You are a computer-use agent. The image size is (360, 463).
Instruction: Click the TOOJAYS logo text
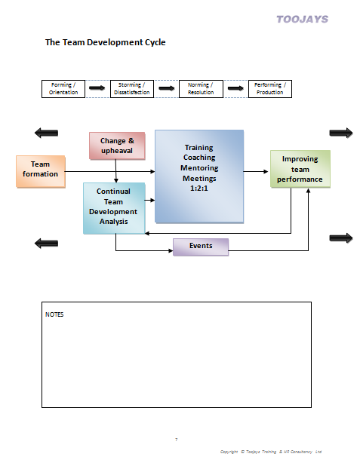[x=302, y=19]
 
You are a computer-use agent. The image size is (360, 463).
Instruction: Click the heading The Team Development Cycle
[x=105, y=43]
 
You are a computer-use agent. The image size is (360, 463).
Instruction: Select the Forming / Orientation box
[x=63, y=89]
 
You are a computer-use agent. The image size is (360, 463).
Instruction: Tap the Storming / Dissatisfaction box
[x=131, y=89]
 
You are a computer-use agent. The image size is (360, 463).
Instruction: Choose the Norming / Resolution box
[x=200, y=89]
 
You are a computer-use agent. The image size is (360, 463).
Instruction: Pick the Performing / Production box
[x=269, y=89]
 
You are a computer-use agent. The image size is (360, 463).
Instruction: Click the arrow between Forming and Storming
[x=97, y=89]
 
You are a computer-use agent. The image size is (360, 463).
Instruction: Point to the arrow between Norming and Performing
[x=235, y=89]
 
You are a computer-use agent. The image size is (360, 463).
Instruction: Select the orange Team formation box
[x=40, y=170]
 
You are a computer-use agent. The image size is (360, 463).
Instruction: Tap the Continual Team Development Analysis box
[x=113, y=207]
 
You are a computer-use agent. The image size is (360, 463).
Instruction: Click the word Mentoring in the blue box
[x=199, y=168]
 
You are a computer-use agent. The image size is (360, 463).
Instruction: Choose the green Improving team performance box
[x=300, y=170]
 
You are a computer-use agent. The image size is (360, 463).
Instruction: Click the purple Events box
[x=201, y=247]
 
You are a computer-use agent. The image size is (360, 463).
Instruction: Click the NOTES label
[x=54, y=314]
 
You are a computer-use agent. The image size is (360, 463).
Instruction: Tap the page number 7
[x=176, y=439]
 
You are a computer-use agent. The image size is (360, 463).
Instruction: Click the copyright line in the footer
[x=270, y=452]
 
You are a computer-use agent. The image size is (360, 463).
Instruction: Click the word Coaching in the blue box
[x=199, y=158]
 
